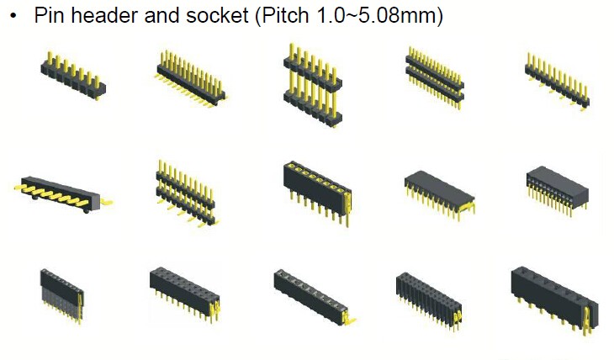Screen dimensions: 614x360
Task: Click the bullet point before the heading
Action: pyautogui.click(x=14, y=17)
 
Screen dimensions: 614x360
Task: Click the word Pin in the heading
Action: pyautogui.click(x=49, y=15)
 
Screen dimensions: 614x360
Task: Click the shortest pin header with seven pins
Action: pyautogui.click(x=73, y=76)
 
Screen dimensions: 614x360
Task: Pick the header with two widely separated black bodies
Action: pyautogui.click(x=312, y=85)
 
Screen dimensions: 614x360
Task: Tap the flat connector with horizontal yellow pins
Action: pyautogui.click(x=62, y=194)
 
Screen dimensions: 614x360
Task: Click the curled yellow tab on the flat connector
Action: pyautogui.click(x=106, y=202)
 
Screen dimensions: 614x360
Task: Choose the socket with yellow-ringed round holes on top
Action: pyautogui.click(x=318, y=193)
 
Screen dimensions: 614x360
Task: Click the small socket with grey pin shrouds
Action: pyautogui.click(x=62, y=296)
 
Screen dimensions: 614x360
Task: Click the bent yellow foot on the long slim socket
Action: pyautogui.click(x=350, y=320)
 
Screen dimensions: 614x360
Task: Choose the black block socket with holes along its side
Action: pyautogui.click(x=557, y=191)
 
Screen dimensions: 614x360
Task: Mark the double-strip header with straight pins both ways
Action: pyautogui.click(x=435, y=78)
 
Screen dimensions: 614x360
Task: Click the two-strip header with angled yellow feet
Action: pyautogui.click(x=187, y=193)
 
